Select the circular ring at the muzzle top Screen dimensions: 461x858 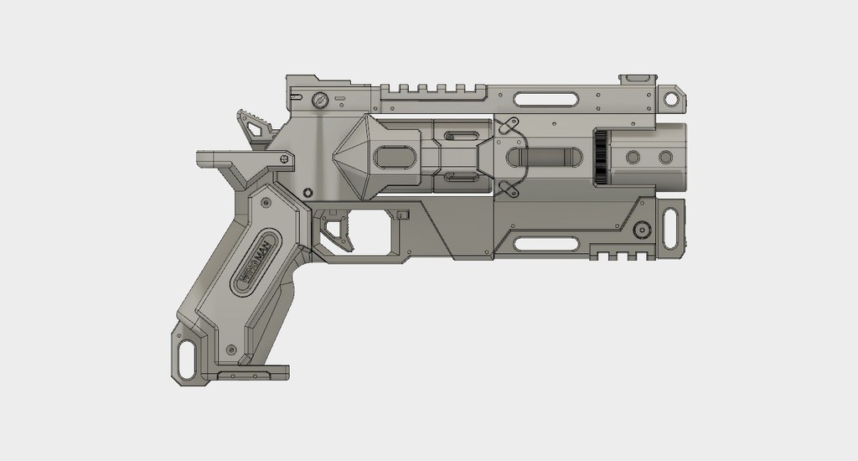click(x=671, y=98)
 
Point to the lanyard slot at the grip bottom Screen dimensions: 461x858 click(x=189, y=355)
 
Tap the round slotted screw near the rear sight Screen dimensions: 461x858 click(x=318, y=101)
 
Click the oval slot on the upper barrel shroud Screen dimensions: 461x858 click(x=545, y=99)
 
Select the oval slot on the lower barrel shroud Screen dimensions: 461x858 click(x=545, y=244)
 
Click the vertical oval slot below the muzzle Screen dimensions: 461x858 click(x=671, y=229)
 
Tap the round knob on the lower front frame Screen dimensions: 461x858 click(x=642, y=228)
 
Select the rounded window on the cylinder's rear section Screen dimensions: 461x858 click(x=393, y=158)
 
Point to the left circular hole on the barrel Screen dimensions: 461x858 click(x=633, y=158)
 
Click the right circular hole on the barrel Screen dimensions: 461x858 click(x=665, y=158)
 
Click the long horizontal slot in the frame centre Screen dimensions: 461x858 click(x=545, y=157)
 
